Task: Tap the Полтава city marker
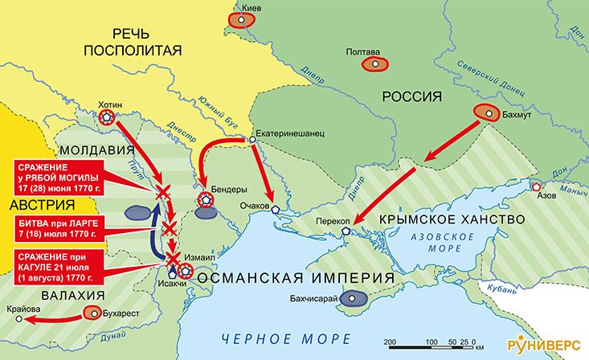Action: coord(374,63)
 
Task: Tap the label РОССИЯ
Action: coord(412,97)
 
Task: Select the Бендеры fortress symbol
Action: coord(206,199)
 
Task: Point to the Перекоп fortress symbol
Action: coord(346,231)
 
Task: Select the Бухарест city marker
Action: coord(96,314)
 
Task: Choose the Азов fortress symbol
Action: coord(537,186)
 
